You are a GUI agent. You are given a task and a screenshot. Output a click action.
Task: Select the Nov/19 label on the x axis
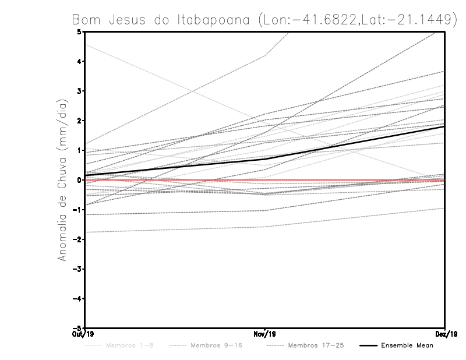(265, 334)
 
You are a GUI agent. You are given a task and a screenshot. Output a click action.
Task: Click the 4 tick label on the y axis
(79, 61)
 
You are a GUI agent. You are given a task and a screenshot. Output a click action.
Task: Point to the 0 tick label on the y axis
(79, 180)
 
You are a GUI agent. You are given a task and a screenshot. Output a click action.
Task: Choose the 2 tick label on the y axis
(79, 121)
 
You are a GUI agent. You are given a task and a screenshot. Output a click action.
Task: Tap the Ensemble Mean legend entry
(407, 345)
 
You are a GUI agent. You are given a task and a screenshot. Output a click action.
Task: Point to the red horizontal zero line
(175, 180)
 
